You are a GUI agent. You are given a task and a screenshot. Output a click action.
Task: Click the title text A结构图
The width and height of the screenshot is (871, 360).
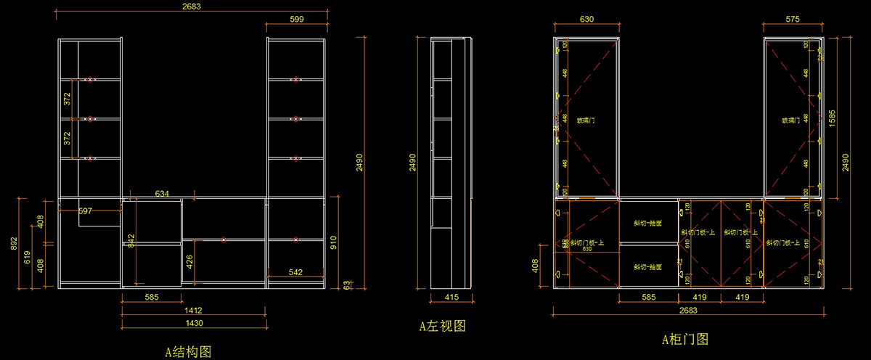point(188,352)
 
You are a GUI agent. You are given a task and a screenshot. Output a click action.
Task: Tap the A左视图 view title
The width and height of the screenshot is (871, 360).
point(442,327)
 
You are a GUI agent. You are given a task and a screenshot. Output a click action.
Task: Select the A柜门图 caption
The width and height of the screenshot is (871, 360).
point(684,339)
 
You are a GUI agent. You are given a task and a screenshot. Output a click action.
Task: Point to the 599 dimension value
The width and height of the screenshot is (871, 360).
point(295,20)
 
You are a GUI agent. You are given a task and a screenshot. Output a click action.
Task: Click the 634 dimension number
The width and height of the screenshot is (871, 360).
point(163,193)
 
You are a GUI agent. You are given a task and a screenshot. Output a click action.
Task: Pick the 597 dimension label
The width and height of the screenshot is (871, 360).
point(86,211)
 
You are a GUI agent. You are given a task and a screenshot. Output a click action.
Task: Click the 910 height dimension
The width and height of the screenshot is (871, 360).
point(334,242)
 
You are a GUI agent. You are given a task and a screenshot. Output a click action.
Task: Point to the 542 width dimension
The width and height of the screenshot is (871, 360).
point(295,272)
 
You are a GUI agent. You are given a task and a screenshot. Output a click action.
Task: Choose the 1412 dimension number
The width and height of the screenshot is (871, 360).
point(192,310)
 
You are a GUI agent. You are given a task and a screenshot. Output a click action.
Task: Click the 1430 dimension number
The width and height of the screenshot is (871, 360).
point(192,322)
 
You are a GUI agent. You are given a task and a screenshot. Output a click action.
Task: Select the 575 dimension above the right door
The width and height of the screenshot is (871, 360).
point(793,20)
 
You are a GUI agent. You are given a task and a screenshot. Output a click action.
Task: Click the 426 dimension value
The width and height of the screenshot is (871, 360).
point(189,260)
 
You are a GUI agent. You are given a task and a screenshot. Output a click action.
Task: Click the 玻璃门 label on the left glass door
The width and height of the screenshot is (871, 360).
point(586,120)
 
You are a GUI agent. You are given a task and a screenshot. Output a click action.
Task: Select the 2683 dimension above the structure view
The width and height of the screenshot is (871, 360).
point(192,6)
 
